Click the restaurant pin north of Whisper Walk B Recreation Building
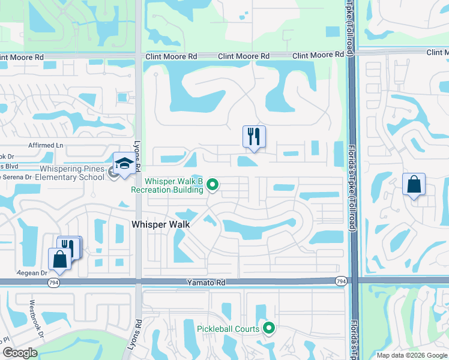click(x=254, y=136)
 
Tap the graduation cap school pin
click(x=124, y=164)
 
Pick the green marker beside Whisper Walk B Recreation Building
click(x=212, y=185)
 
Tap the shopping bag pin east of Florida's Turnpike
click(x=414, y=184)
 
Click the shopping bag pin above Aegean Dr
click(x=59, y=259)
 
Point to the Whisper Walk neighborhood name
click(x=160, y=224)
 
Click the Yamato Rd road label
click(x=208, y=281)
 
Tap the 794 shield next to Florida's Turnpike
click(x=341, y=281)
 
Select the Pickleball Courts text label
click(x=228, y=328)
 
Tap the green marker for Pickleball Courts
click(x=269, y=328)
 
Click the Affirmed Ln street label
click(x=46, y=145)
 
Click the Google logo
click(x=20, y=353)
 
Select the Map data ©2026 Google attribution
click(x=411, y=355)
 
